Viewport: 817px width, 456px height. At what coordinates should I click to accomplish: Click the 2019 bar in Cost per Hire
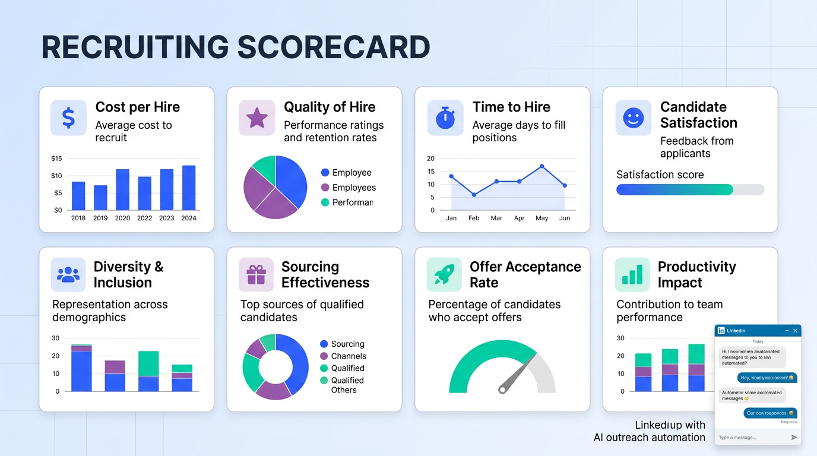pos(100,198)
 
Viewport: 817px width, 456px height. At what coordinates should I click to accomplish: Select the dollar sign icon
pos(68,118)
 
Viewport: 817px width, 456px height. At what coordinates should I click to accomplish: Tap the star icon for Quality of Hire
pos(256,118)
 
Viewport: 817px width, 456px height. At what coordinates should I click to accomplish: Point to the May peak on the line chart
pos(541,166)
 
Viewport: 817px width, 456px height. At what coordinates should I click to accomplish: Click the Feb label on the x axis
pos(474,218)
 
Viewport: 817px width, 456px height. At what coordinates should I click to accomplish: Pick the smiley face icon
pos(633,118)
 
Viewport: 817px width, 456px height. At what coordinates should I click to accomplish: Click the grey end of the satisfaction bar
pos(749,189)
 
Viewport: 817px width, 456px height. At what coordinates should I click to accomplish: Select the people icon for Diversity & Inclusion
pos(68,275)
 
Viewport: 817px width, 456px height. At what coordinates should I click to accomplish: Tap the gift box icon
pos(256,275)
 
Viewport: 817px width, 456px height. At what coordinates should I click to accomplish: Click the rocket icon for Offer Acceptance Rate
pos(444,275)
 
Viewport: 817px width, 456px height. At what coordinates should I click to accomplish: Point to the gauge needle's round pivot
pos(503,389)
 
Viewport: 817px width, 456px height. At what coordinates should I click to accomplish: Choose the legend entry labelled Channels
pos(349,356)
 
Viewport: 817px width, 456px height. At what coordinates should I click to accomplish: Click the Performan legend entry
pos(353,202)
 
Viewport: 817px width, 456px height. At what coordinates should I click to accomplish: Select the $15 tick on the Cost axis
pos(56,159)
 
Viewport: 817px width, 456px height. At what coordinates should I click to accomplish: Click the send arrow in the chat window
pos(794,438)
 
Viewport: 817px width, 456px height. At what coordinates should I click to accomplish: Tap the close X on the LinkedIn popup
pos(795,331)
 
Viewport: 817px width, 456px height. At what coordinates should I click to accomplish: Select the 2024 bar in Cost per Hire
pos(189,188)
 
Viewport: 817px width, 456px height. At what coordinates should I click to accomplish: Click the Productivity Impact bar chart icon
pos(632,275)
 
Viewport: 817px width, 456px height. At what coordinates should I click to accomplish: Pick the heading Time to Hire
pos(511,107)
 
